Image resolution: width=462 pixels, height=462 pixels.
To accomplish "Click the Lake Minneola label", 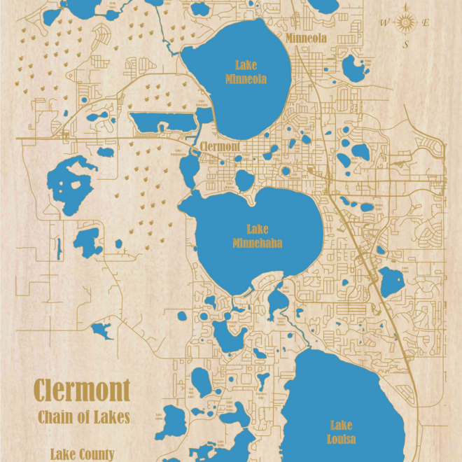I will (246, 72).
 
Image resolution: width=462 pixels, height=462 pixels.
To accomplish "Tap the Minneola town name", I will (307, 38).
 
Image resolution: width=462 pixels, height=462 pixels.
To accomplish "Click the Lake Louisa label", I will (341, 432).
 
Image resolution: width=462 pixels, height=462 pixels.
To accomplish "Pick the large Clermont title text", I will (82, 389).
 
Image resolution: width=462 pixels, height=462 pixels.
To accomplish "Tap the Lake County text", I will (82, 454).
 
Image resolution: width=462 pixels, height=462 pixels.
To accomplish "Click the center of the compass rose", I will (405, 23).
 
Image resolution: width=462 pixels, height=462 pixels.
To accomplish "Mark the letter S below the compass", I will (405, 44).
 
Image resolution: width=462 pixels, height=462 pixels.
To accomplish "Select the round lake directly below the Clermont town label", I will (244, 180).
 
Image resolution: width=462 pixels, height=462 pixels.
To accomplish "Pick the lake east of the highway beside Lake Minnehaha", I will (391, 281).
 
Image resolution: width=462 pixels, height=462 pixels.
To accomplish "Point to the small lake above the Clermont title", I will (101, 330).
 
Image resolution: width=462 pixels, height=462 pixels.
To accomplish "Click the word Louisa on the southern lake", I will (341, 439).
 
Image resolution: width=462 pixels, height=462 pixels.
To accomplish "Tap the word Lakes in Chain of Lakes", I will (112, 416).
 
